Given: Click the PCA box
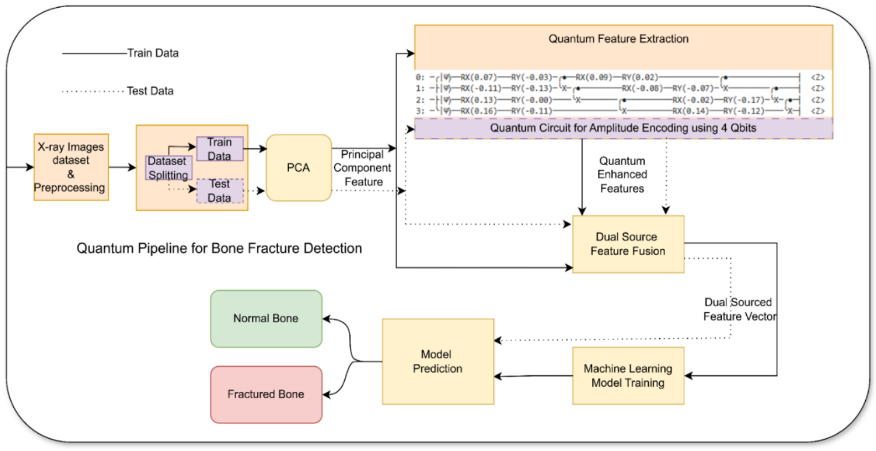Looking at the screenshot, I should click(299, 168).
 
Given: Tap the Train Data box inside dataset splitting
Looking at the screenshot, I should click(219, 149).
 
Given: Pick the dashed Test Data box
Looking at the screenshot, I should click(219, 190).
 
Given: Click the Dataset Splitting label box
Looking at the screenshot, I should click(168, 168).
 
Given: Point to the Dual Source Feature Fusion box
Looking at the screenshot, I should click(628, 244).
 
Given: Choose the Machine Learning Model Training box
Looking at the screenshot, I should click(628, 375).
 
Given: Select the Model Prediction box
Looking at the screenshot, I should click(437, 361).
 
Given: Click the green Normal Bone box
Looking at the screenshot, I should click(266, 318).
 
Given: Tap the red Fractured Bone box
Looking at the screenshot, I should click(266, 395).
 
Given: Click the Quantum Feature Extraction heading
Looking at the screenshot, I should click(618, 39).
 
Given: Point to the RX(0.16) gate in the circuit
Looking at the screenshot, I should click(479, 112).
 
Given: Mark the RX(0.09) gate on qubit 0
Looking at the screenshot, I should click(594, 77).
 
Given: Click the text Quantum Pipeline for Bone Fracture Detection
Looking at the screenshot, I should click(219, 248).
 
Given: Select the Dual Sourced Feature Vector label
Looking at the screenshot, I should click(739, 309).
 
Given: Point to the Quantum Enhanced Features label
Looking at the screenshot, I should click(622, 174).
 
